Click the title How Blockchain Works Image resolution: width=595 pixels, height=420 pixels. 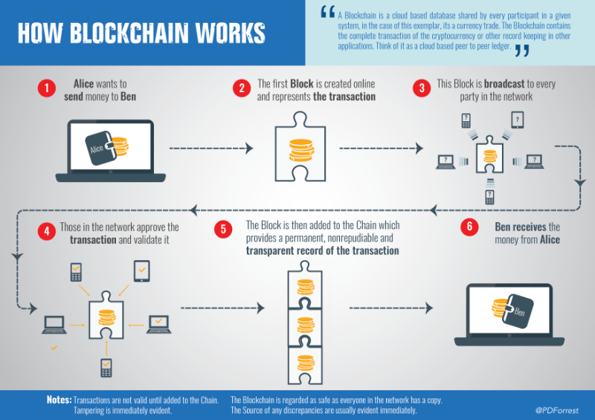click(141, 33)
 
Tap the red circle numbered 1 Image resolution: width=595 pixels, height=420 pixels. click(46, 88)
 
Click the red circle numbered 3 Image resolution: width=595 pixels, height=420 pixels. click(422, 88)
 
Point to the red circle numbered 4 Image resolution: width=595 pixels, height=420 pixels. click(46, 230)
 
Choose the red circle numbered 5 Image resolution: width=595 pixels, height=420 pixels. click(224, 229)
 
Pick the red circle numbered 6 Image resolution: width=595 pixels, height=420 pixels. click(469, 227)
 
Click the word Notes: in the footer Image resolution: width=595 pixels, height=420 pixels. click(59, 400)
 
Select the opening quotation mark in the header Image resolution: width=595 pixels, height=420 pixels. click(326, 13)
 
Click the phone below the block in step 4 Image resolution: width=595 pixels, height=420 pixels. click(106, 366)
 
